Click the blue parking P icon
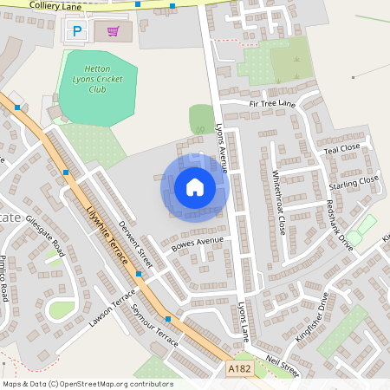[x=77, y=31]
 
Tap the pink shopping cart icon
[x=113, y=31]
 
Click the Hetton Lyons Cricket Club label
[x=97, y=78]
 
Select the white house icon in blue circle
[x=194, y=186]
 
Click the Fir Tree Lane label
[x=272, y=104]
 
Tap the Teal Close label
[x=341, y=149]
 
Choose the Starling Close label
[x=354, y=185]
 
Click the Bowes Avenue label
[x=198, y=245]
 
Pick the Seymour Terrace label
[x=153, y=323]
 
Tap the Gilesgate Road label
[x=45, y=236]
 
